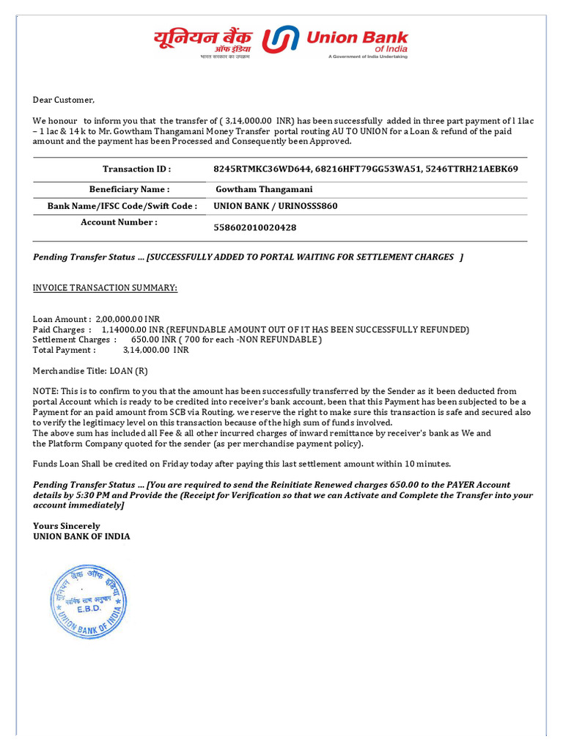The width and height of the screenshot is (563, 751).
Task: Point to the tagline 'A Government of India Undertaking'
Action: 368,56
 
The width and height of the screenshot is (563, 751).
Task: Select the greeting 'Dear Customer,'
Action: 64,100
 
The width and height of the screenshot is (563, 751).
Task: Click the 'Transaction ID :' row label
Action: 136,169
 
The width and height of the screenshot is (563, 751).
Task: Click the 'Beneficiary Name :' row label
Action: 129,188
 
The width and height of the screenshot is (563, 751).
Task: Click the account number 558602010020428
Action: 254,227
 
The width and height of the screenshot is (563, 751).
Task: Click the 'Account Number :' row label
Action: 119,222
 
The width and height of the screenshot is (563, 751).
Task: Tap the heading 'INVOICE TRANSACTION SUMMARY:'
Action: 105,287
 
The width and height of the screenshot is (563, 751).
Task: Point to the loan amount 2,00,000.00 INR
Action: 128,319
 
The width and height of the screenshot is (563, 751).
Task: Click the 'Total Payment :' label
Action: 65,350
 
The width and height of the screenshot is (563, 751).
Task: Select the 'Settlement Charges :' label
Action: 75,340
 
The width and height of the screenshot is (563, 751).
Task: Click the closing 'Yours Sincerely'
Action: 67,526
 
